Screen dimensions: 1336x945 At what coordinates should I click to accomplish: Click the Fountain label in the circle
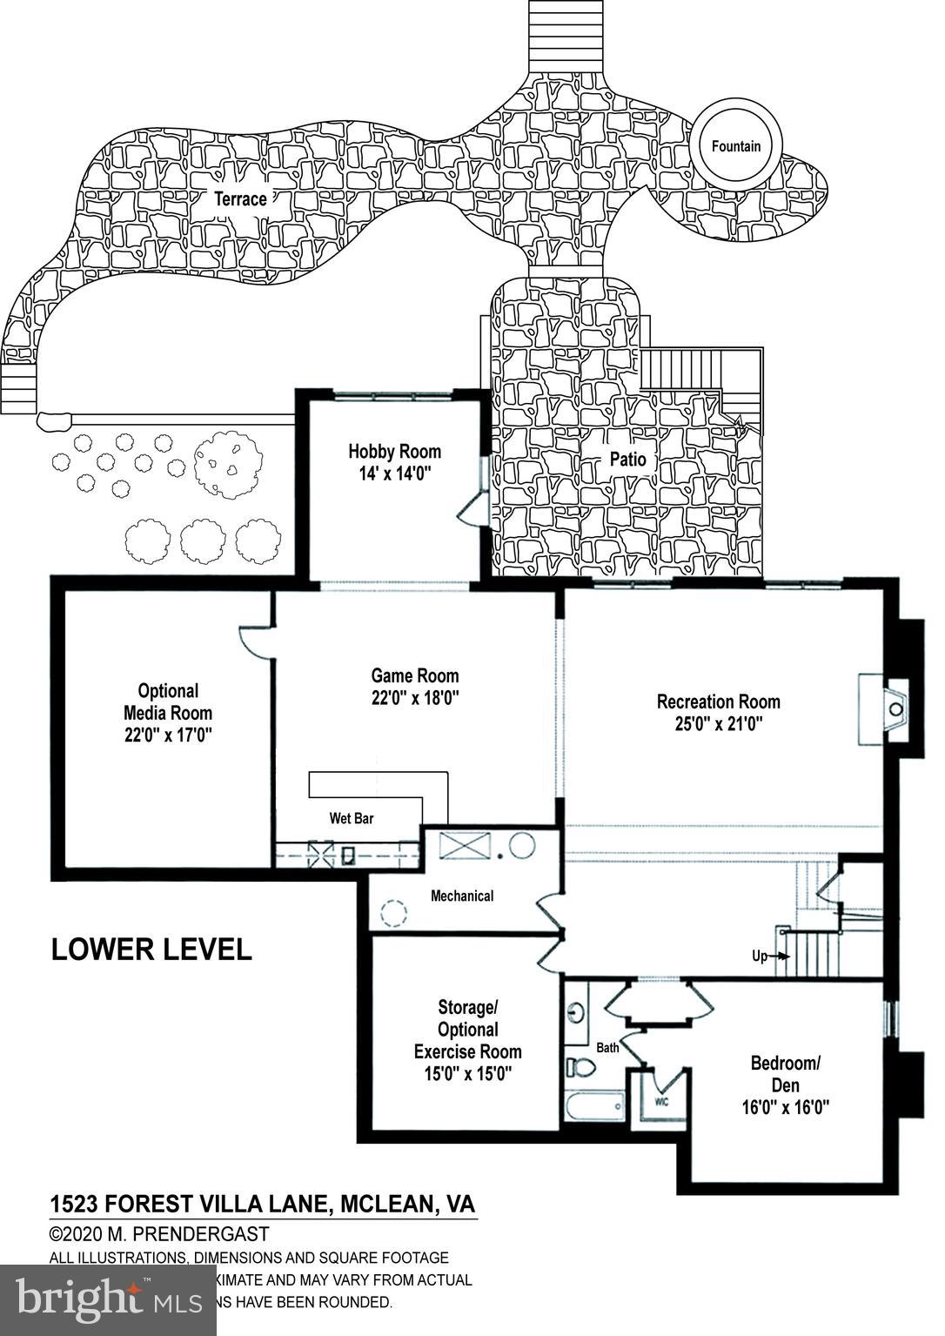(735, 146)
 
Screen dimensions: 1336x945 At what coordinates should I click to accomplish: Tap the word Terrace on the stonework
(241, 199)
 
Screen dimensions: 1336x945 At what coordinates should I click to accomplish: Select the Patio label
(627, 458)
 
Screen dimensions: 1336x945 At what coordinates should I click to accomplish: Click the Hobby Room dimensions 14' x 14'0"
(394, 473)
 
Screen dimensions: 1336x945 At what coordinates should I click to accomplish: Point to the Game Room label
(414, 675)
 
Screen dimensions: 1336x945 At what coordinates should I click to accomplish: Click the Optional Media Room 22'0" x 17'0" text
(168, 713)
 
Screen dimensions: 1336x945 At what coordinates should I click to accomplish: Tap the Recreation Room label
(718, 702)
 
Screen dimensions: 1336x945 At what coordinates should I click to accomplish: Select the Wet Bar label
(351, 818)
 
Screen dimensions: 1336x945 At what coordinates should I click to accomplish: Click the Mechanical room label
(462, 896)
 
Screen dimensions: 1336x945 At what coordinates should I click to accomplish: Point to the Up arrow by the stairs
(772, 956)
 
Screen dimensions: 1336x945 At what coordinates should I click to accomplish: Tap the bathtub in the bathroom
(593, 1108)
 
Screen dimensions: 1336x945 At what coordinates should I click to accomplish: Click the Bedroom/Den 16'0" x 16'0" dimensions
(785, 1107)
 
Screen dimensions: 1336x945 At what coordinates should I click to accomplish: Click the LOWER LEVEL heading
(151, 949)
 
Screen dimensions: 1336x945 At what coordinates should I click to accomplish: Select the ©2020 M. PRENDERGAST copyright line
(159, 1234)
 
